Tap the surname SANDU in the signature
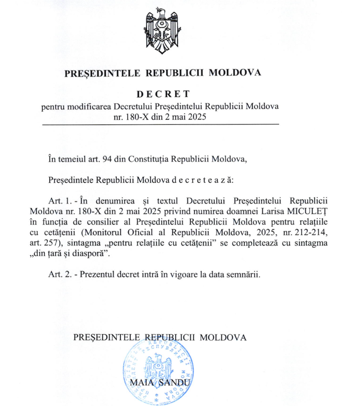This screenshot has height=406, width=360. click(171, 382)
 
